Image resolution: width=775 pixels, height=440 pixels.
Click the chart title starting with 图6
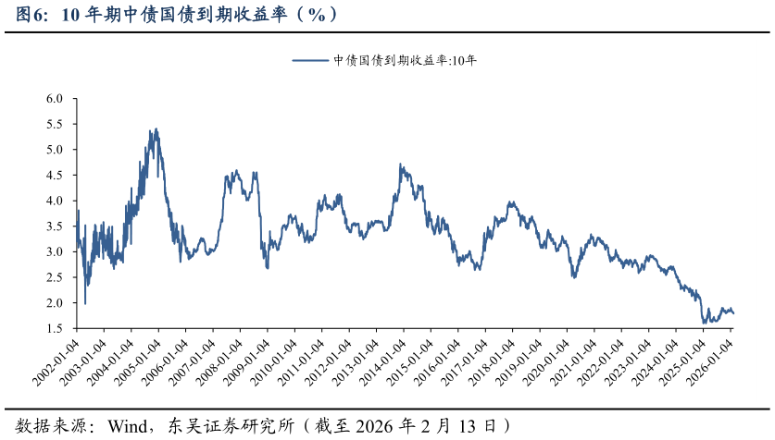click(176, 15)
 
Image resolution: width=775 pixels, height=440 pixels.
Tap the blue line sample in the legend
click(311, 61)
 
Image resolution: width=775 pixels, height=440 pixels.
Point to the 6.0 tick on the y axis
click(54, 98)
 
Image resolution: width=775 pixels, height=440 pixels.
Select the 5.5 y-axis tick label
click(54, 124)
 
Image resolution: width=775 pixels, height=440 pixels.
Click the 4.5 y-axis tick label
click(54, 175)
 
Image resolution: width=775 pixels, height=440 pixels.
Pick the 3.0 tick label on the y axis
click(54, 251)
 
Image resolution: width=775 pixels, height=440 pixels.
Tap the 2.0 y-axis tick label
click(54, 303)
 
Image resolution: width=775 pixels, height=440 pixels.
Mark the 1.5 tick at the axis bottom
click(54, 328)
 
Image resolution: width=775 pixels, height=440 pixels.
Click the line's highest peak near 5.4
click(156, 129)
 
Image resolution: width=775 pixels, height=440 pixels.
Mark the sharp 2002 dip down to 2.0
click(85, 302)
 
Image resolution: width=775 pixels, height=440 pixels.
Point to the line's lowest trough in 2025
click(705, 323)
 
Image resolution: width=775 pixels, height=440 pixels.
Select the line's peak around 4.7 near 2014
click(400, 165)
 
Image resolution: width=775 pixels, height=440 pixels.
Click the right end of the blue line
click(734, 313)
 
